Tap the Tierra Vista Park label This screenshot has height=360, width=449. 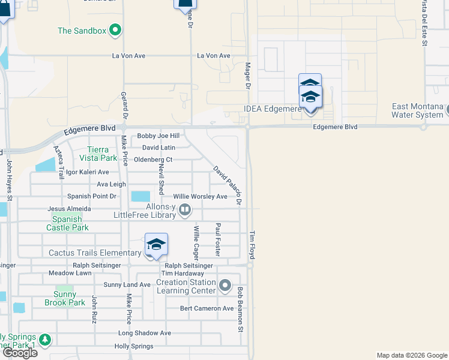pyautogui.click(x=98, y=154)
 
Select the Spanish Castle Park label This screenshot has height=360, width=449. pyautogui.click(x=67, y=224)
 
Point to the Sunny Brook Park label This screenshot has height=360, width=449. pyautogui.click(x=65, y=299)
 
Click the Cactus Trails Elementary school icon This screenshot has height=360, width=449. pyautogui.click(x=156, y=245)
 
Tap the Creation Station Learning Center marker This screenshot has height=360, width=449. pyautogui.click(x=225, y=285)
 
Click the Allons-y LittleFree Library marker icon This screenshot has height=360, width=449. pyautogui.click(x=185, y=209)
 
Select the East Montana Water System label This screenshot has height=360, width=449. pyautogui.click(x=418, y=110)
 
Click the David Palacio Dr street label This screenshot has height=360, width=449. pyautogui.click(x=228, y=185)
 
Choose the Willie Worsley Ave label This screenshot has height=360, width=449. pyautogui.click(x=200, y=197)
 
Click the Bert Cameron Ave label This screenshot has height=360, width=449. pyautogui.click(x=207, y=308)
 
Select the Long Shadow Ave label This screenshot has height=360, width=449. pyautogui.click(x=145, y=333)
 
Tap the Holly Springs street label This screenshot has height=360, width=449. pyautogui.click(x=134, y=346)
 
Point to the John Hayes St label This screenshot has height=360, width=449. pyautogui.click(x=10, y=179)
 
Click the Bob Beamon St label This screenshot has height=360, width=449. pyautogui.click(x=240, y=310)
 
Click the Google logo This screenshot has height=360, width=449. pyautogui.click(x=19, y=353)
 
